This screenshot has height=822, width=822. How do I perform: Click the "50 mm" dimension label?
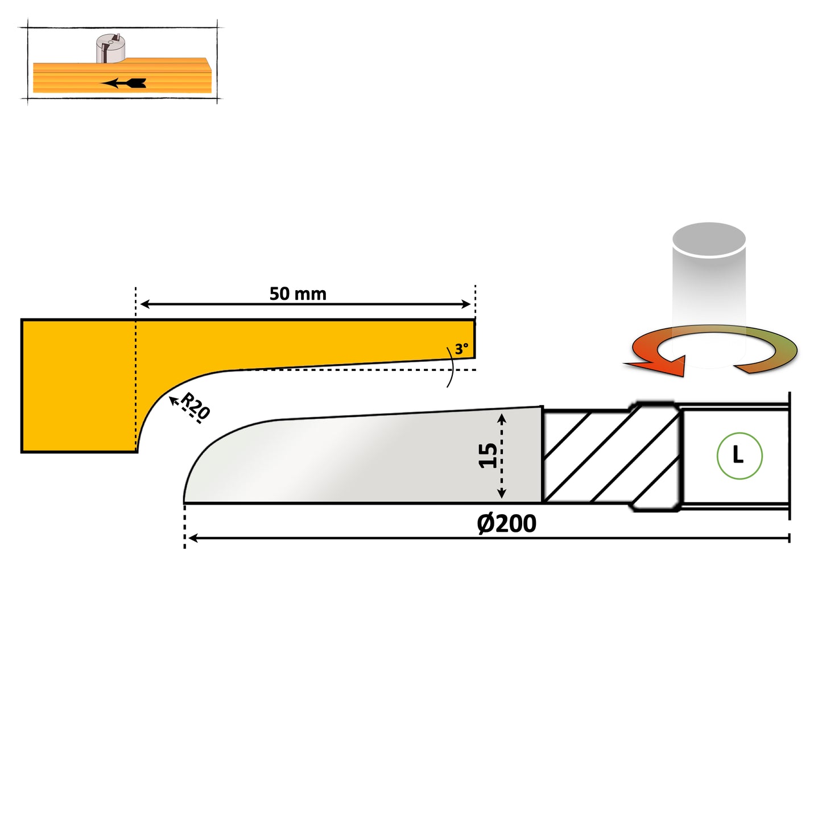click(298, 294)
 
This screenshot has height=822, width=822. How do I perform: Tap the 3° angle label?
click(461, 349)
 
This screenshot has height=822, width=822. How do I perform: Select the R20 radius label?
click(196, 406)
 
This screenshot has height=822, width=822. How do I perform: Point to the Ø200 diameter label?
click(506, 523)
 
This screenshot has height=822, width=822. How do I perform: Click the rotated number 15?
click(488, 456)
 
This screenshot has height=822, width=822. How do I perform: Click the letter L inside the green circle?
click(738, 455)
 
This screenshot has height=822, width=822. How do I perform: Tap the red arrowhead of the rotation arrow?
click(660, 365)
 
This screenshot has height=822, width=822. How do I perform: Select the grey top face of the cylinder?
click(709, 239)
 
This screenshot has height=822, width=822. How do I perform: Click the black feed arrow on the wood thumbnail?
click(124, 83)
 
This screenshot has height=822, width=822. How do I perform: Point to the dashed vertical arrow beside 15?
click(502, 456)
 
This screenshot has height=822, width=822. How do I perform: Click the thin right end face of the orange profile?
click(474, 339)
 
